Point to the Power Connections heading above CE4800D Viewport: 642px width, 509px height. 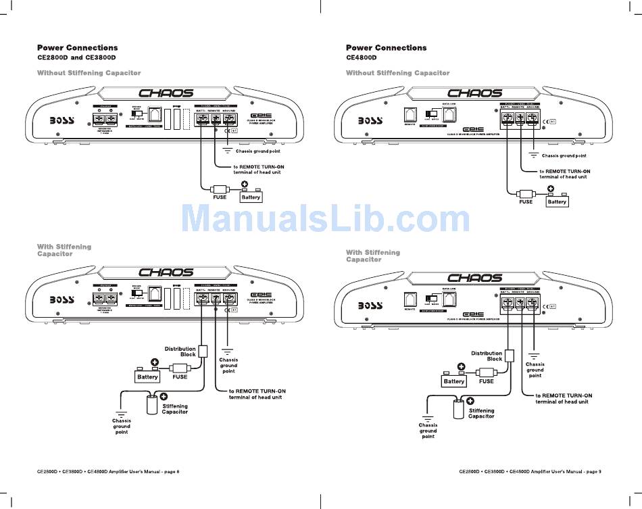[386, 47]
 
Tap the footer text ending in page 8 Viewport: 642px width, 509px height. [108, 471]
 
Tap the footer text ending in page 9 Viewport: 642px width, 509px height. [530, 471]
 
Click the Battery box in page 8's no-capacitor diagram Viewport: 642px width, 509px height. [251, 197]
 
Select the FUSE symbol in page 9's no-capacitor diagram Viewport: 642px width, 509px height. [526, 193]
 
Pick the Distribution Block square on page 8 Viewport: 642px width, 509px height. [202, 352]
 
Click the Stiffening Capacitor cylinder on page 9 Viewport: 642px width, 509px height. [459, 410]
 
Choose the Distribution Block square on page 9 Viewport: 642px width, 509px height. [510, 356]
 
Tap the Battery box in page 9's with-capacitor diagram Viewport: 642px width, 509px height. [454, 381]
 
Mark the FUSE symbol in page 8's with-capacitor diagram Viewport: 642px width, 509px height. [180, 368]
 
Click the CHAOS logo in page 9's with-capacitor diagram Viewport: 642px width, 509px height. [475, 278]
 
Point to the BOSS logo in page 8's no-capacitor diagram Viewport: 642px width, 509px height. [64, 121]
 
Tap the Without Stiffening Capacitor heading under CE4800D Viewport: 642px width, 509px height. [397, 73]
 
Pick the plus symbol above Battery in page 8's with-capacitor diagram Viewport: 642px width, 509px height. [155, 362]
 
